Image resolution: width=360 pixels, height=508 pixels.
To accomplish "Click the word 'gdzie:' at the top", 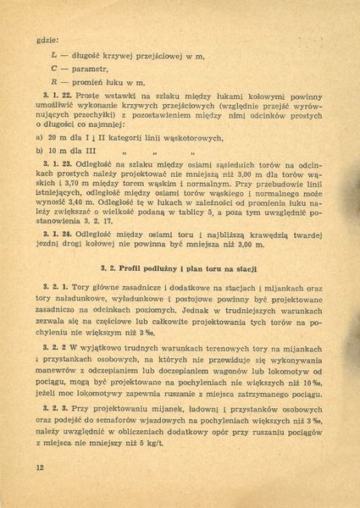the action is [x=46, y=39].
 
